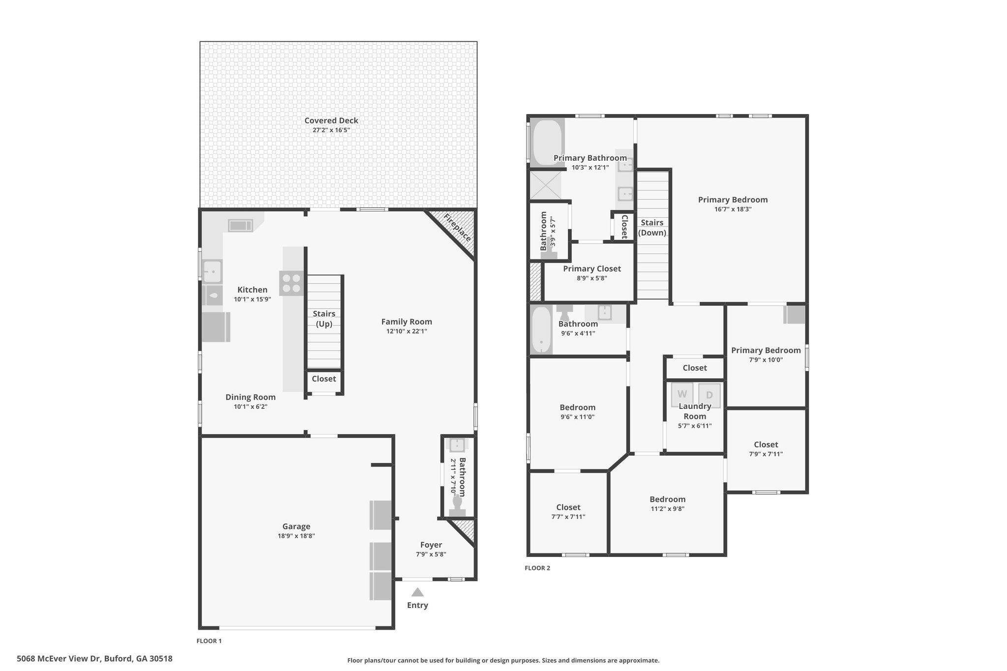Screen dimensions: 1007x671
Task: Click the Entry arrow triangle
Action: pos(417,592)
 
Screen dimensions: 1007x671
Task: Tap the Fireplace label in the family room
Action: pos(457,228)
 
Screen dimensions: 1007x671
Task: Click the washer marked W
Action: pos(682,394)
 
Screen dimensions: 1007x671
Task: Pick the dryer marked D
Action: pos(709,395)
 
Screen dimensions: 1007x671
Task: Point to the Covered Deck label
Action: pos(331,120)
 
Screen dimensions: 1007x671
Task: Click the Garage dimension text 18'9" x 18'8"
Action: pos(296,536)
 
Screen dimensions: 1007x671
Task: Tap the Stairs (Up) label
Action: pos(324,319)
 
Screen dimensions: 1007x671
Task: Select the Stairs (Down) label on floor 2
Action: pos(652,228)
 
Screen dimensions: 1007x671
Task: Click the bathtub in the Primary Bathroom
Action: pos(547,143)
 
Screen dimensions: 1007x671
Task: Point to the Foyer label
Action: pos(431,545)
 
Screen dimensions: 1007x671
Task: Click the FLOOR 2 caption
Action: pos(537,568)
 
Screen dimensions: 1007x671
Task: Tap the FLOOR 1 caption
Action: pos(209,641)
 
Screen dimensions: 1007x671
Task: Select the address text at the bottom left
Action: pos(94,659)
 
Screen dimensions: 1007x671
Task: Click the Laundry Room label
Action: pos(694,411)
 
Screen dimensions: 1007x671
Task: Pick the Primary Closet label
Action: pos(592,268)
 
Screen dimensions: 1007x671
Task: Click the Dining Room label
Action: pos(250,397)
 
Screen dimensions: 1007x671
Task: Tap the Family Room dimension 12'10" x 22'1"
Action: pos(406,331)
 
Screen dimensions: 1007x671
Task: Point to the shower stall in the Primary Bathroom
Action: pos(544,185)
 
